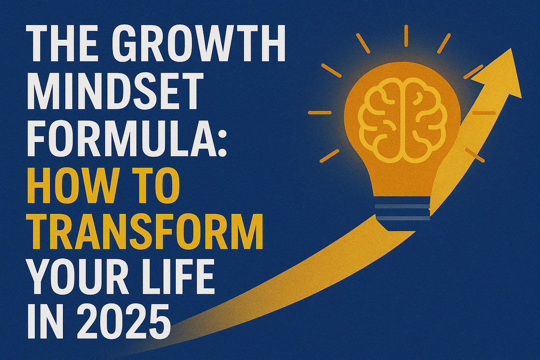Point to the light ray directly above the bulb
click(406, 35)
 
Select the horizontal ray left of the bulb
click(320, 112)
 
